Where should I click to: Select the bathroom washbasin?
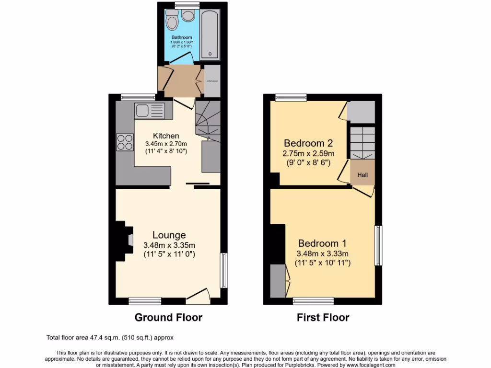(188, 17)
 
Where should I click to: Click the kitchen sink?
(143, 111)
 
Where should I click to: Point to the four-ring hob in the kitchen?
(125, 142)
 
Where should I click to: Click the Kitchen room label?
(166, 136)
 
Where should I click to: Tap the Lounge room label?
(169, 235)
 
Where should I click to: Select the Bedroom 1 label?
(322, 243)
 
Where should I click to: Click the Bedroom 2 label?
(308, 143)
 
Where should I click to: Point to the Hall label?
(362, 175)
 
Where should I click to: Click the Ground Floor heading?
(168, 317)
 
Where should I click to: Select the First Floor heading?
(323, 317)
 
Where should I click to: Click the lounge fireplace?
(122, 241)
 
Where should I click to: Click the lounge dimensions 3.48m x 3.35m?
(169, 245)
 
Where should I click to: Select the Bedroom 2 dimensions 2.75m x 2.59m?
(309, 154)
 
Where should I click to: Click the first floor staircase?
(362, 142)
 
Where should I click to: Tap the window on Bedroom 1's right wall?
(378, 245)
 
